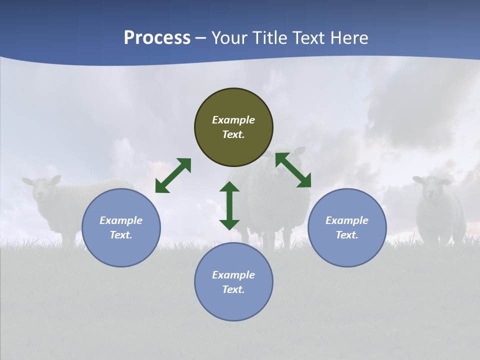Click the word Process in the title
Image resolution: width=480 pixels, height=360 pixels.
(x=157, y=37)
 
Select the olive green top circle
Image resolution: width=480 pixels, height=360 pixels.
(x=233, y=127)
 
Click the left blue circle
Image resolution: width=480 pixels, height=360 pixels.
(x=121, y=227)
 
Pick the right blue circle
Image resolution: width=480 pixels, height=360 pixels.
(x=347, y=227)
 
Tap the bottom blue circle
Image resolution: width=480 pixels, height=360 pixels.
(x=233, y=282)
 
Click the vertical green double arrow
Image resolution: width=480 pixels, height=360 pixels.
(x=229, y=205)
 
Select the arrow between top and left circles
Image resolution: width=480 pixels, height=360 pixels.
(x=173, y=175)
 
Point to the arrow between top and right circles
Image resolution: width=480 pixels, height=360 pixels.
(x=293, y=170)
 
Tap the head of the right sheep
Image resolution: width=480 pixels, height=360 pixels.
(x=430, y=186)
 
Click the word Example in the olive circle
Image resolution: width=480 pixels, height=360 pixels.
(x=233, y=120)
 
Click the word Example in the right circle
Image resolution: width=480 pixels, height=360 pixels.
(x=347, y=220)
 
